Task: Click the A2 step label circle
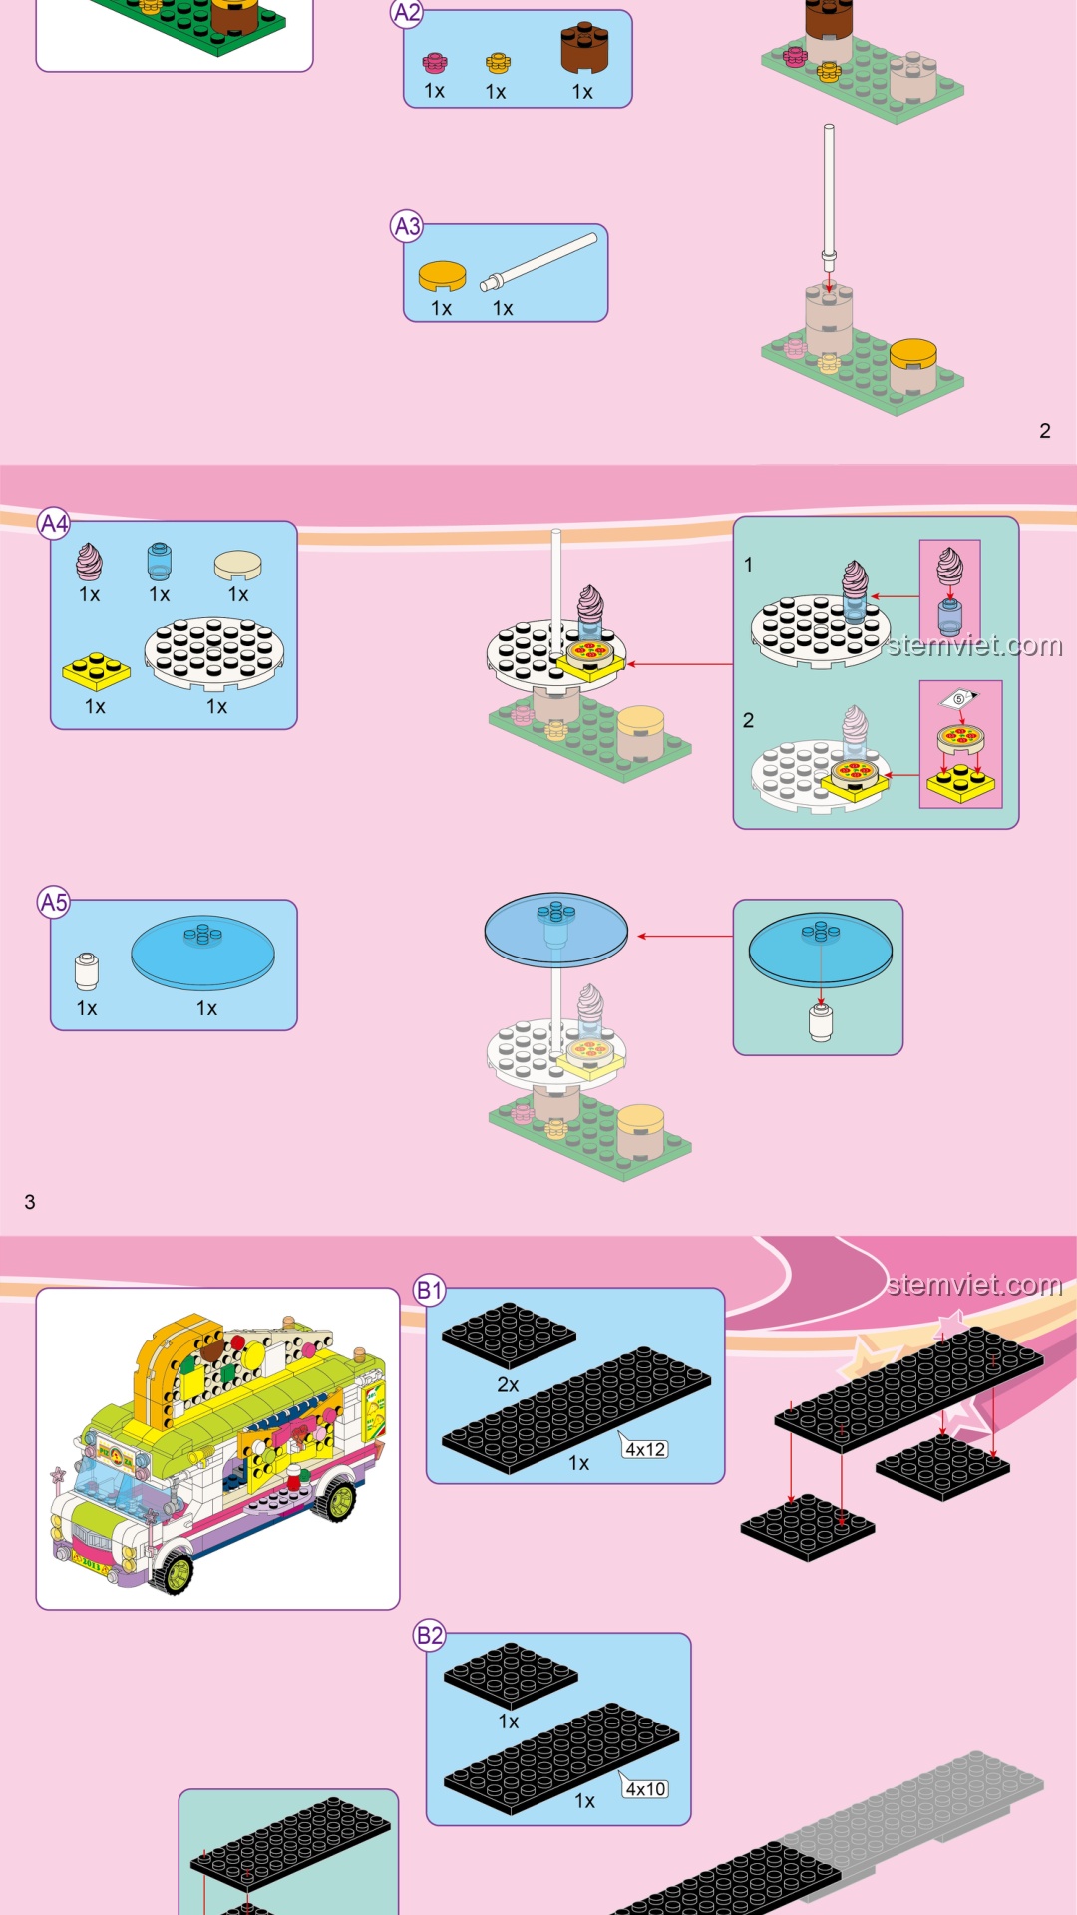point(407,13)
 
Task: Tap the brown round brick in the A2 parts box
point(584,48)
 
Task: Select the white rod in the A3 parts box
point(539,262)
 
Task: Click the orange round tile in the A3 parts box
point(442,276)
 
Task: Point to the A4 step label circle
point(54,523)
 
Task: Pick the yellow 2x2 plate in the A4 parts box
point(96,671)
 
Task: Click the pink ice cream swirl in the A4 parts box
point(89,562)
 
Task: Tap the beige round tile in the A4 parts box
point(238,565)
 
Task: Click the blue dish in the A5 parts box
point(203,952)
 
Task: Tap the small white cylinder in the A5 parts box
point(87,971)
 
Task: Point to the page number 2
point(1045,431)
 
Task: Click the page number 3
point(30,1202)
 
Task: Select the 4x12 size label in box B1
point(645,1449)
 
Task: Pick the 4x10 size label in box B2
point(645,1789)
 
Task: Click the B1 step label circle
point(429,1291)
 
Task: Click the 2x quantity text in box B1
point(508,1385)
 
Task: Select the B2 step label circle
point(429,1636)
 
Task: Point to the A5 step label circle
point(54,903)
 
